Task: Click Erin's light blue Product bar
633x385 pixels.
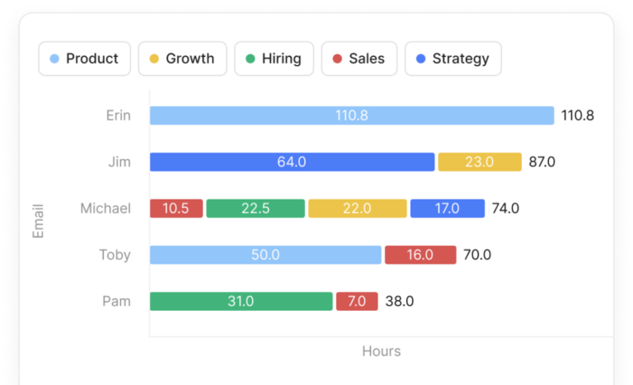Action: coord(351,115)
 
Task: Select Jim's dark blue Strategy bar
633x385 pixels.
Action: coord(292,162)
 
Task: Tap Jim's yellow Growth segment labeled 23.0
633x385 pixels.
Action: coord(480,162)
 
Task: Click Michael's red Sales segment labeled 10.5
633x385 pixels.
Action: coord(176,209)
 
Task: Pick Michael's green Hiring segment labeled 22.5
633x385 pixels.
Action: coord(256,209)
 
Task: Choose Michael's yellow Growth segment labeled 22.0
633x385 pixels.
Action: coord(357,209)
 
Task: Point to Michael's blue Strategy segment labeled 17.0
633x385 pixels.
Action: coord(447,209)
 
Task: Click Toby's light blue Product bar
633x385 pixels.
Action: coord(265,255)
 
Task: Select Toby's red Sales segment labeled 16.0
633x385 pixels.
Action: coord(420,255)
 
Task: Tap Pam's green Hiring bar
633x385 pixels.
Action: coord(241,301)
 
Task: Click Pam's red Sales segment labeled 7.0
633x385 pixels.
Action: coord(357,301)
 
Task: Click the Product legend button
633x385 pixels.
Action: coord(84,59)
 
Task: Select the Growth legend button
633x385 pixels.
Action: coord(182,59)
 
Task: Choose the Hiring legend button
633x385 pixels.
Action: coord(274,59)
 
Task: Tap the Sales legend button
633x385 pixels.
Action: coord(359,59)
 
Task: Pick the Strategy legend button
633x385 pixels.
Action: coord(452,59)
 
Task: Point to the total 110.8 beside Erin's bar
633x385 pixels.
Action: coord(577,115)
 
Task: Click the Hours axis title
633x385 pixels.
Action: coord(381,351)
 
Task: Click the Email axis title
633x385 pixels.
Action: coord(38,221)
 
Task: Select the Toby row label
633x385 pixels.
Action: coord(115,255)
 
